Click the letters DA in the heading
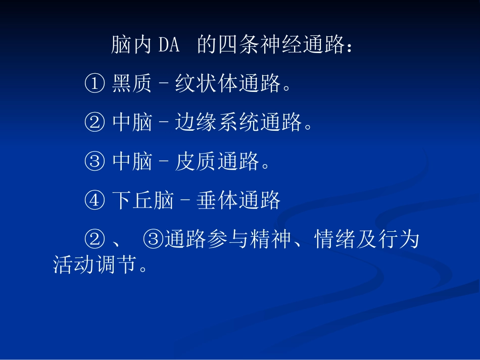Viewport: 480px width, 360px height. (169, 46)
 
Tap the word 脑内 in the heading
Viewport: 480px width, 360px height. (132, 46)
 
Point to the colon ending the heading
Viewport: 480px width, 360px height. (348, 47)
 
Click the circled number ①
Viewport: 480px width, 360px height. (94, 84)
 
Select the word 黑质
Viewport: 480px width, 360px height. (132, 84)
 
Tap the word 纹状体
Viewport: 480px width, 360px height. (207, 84)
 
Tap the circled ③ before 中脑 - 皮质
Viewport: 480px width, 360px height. (94, 162)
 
